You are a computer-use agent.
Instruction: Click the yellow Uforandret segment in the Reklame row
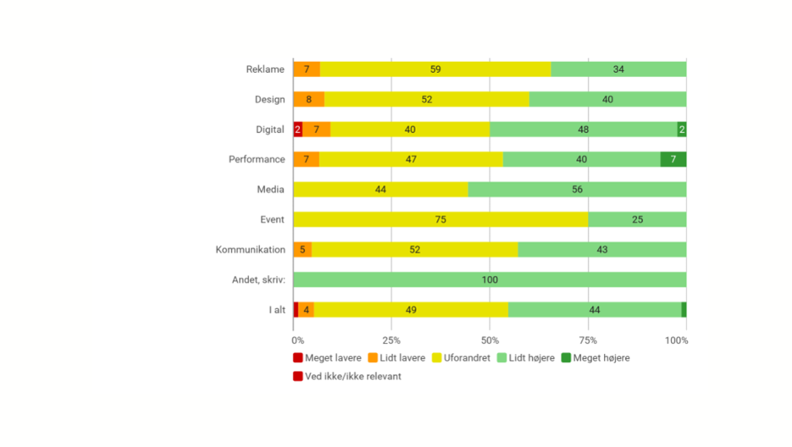coord(435,69)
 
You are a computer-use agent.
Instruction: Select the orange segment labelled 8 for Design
coord(309,99)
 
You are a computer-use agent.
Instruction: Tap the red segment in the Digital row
coord(297,130)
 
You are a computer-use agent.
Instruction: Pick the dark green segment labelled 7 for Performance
coord(673,159)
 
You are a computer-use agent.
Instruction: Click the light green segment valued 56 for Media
coord(577,190)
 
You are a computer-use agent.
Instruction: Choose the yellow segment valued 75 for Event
coord(440,219)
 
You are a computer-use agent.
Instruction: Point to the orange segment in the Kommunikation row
coord(302,250)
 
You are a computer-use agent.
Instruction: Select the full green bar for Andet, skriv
coord(490,279)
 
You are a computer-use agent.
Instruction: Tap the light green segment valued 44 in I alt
coord(595,310)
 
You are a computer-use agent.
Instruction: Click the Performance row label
coord(257,159)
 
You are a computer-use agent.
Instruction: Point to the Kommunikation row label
coord(251,250)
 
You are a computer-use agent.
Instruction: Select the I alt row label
coord(277,310)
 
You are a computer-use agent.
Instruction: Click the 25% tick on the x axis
coord(391,340)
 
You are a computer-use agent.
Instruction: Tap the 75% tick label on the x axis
coord(587,340)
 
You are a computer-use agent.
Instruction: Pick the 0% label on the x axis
coord(298,340)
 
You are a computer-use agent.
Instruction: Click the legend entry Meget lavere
coord(327,358)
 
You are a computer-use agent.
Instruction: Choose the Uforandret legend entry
coord(461,358)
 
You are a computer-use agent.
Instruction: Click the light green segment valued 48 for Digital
coord(584,130)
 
